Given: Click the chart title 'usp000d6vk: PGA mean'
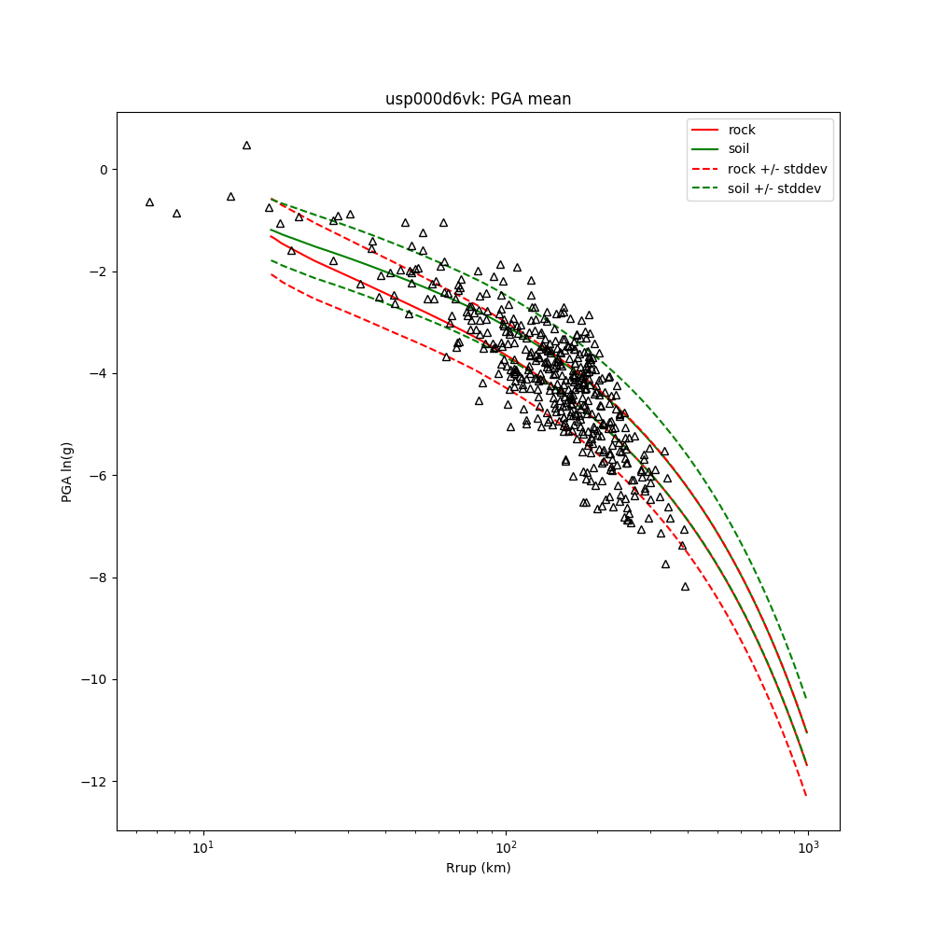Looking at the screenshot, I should pyautogui.click(x=478, y=99).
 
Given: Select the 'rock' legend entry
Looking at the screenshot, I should pyautogui.click(x=742, y=130).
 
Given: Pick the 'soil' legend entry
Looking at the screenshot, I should pyautogui.click(x=739, y=149).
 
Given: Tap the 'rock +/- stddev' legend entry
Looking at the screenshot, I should pyautogui.click(x=777, y=169).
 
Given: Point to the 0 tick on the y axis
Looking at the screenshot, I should pyautogui.click(x=103, y=170).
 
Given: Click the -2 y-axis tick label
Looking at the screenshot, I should pyautogui.click(x=99, y=272).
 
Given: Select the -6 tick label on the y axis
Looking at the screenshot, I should pyautogui.click(x=99, y=476).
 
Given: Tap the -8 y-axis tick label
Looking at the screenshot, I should pyautogui.click(x=99, y=578).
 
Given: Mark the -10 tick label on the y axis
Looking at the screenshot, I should pyautogui.click(x=96, y=679).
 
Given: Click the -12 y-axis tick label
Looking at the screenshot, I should pyautogui.click(x=96, y=782).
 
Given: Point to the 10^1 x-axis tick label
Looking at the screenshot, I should pyautogui.click(x=202, y=848).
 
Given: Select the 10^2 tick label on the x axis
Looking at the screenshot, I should pyautogui.click(x=506, y=848).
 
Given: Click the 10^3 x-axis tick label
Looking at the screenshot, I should pyautogui.click(x=808, y=848).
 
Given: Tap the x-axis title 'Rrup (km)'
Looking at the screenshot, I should pyautogui.click(x=478, y=869).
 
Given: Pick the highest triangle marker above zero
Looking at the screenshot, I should pyautogui.click(x=246, y=146).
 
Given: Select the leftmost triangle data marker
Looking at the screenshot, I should pyautogui.click(x=149, y=202).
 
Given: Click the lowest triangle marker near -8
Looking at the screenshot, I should pyautogui.click(x=685, y=587).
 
